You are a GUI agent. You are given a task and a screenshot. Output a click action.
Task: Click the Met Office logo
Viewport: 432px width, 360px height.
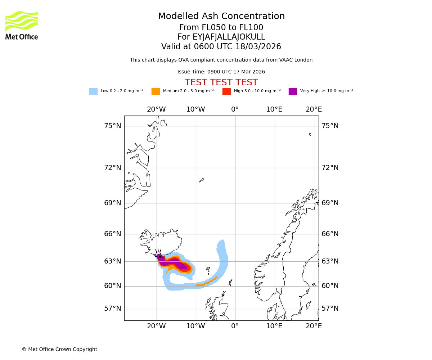click(22, 25)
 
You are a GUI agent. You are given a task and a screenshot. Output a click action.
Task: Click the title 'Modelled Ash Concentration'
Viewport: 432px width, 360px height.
click(221, 16)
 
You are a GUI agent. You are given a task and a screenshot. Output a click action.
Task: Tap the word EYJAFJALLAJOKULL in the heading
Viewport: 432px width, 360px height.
click(221, 37)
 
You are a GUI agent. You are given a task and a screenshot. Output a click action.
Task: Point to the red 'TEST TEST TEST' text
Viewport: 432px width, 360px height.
click(221, 82)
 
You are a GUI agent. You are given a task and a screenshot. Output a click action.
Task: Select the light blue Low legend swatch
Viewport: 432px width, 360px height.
click(93, 91)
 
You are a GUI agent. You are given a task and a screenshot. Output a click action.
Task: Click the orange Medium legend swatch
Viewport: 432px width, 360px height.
click(156, 91)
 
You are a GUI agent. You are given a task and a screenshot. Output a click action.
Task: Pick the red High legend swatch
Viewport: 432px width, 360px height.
click(226, 91)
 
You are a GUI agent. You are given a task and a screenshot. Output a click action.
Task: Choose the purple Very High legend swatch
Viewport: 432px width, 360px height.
click(293, 91)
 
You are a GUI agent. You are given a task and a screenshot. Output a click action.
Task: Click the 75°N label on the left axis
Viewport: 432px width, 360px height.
click(113, 126)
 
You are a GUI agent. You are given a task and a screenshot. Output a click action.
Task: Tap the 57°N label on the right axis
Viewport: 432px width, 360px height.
click(330, 309)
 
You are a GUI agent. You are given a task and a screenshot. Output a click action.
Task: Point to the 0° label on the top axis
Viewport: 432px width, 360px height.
click(235, 109)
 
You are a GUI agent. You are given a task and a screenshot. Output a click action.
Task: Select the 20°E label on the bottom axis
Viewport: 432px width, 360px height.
click(314, 326)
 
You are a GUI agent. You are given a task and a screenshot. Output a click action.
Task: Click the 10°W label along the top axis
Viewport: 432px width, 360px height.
click(195, 109)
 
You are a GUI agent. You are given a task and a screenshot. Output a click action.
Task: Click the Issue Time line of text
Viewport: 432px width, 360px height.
click(221, 72)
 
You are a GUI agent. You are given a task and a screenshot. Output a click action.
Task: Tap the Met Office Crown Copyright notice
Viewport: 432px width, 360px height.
click(59, 349)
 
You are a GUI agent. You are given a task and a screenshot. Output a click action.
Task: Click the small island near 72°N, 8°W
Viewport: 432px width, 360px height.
click(202, 180)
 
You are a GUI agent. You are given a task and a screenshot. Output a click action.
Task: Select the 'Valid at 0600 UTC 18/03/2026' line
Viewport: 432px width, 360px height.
click(221, 47)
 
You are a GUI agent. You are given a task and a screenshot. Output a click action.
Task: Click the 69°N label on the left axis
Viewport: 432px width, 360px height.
click(113, 203)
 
